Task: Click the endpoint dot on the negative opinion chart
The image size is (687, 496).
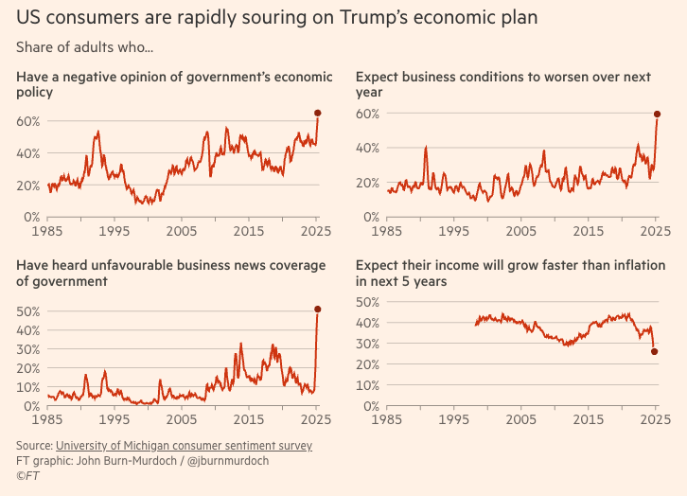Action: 317,113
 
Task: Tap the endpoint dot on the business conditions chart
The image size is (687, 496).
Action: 657,115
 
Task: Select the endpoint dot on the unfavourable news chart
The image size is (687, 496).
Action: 317,309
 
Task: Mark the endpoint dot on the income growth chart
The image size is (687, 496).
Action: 655,352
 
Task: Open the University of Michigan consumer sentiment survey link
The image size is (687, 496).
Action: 184,445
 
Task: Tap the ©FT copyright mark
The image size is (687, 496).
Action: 26,476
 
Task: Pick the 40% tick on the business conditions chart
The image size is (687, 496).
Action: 368,149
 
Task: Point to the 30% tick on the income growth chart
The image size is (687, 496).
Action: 368,344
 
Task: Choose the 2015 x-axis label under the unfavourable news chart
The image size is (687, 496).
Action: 249,419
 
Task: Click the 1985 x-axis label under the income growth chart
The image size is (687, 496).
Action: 387,419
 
